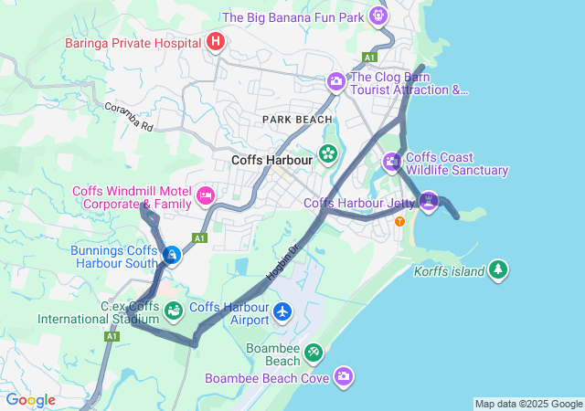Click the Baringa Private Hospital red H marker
tap(215, 42)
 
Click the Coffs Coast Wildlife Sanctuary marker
tap(392, 163)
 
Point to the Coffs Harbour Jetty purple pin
tap(429, 200)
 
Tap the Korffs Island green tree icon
tap(498, 269)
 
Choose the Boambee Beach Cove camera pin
tap(344, 376)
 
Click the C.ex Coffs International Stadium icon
tap(172, 312)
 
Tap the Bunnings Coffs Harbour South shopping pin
tap(171, 255)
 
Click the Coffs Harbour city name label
tap(272, 160)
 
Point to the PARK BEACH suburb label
tap(297, 120)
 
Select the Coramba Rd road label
tap(127, 117)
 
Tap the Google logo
tap(30, 400)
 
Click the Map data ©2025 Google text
tap(527, 404)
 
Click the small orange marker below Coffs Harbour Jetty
tap(399, 221)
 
